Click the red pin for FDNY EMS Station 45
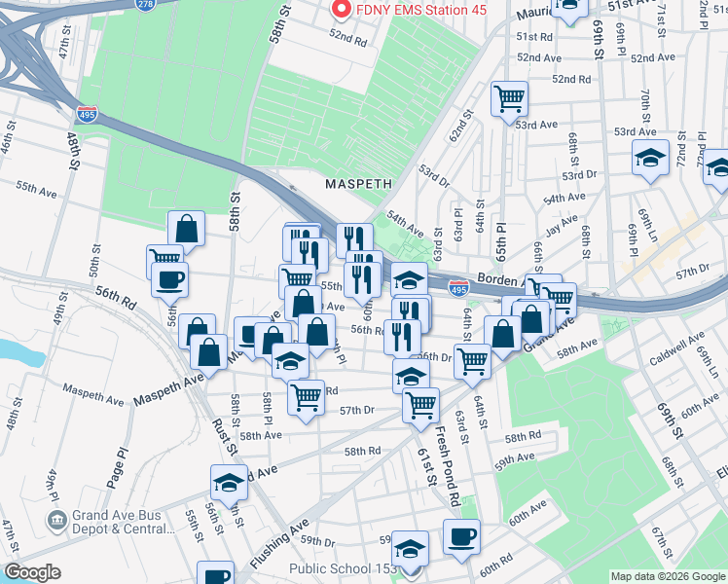(x=342, y=10)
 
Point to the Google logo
(x=31, y=572)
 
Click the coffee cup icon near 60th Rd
(x=461, y=536)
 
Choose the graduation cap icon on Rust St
(x=229, y=483)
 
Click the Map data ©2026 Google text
(x=667, y=576)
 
